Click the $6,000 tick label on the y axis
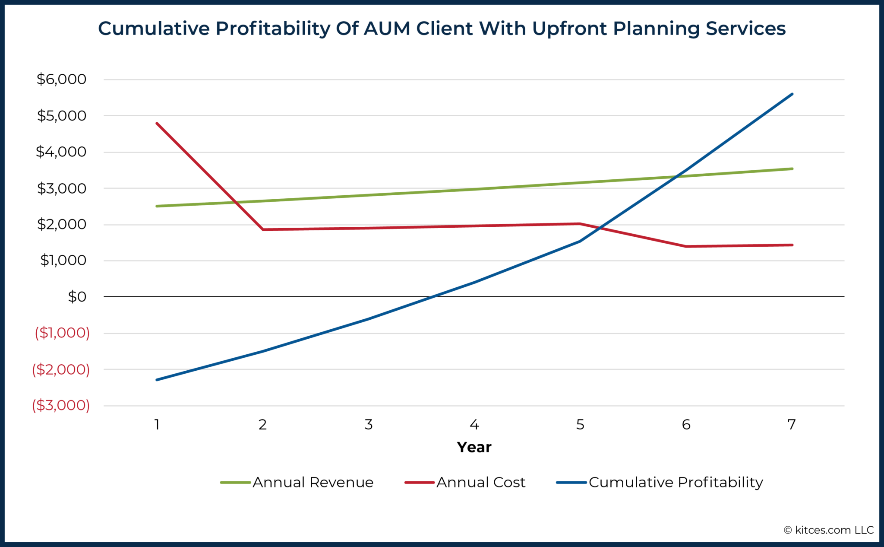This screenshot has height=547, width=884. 61,79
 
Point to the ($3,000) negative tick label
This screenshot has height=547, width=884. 61,405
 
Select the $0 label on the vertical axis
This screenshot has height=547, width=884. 77,297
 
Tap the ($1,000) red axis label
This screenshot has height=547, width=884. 62,333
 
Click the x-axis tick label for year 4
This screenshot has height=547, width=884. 474,425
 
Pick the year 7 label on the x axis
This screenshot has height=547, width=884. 791,425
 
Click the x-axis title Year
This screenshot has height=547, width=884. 474,447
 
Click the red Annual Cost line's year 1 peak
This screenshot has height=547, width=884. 157,124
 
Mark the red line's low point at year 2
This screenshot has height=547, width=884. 263,229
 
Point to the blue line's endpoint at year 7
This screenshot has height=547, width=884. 792,94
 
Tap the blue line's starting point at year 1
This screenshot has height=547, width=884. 157,380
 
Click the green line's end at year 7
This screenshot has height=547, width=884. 792,169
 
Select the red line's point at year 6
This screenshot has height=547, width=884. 686,246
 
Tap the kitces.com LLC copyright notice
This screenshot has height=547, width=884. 829,530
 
